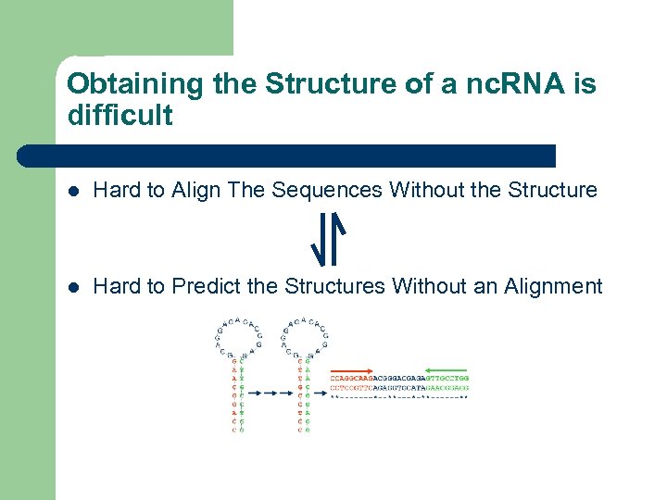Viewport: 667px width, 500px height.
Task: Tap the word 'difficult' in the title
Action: pyautogui.click(x=120, y=116)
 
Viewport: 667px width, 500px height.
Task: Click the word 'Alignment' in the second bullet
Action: pyautogui.click(x=553, y=286)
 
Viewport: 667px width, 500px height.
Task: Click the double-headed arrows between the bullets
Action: pyautogui.click(x=328, y=238)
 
